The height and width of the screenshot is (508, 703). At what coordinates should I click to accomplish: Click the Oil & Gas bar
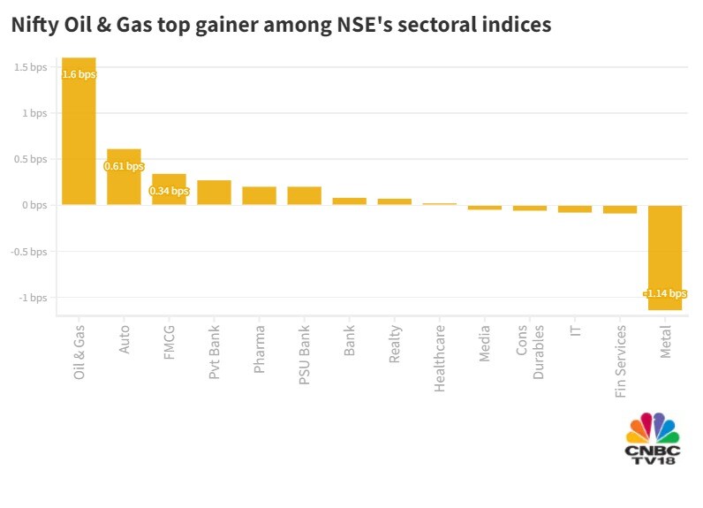(x=79, y=133)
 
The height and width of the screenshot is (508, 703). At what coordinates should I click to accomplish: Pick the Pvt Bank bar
(x=214, y=193)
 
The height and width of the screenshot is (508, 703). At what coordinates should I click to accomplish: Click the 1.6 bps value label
(x=79, y=74)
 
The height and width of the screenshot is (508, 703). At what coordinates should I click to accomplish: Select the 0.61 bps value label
(x=124, y=166)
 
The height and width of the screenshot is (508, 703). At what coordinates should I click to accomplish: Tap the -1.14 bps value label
(x=665, y=293)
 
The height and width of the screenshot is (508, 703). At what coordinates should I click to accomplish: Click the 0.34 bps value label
(x=169, y=191)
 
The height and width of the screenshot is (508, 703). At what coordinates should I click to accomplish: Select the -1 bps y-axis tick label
(x=34, y=297)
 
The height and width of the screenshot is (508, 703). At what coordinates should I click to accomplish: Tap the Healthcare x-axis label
(x=440, y=359)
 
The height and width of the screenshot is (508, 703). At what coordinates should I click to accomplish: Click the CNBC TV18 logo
(x=652, y=440)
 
